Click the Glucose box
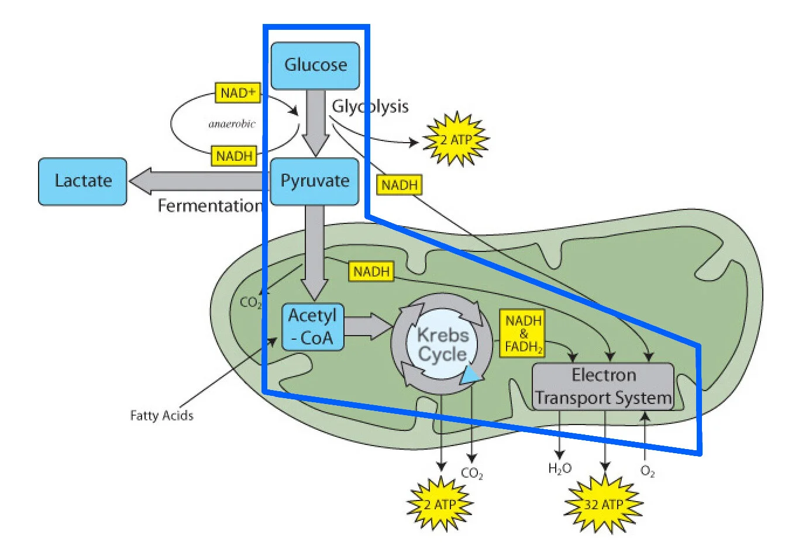point(315,65)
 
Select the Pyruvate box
point(315,181)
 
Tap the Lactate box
point(82,181)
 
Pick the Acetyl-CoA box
point(312,327)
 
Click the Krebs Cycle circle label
point(442,344)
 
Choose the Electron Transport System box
point(603,387)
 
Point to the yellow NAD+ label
point(237,93)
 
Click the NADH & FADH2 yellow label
point(523,334)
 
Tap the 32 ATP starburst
point(603,504)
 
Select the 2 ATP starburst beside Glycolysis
point(456,140)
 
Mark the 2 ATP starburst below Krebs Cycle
point(440,504)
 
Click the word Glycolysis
point(370,106)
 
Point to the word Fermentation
point(209,206)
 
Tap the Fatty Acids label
point(161,415)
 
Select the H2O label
point(559,468)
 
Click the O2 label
point(648,471)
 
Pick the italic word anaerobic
point(232,124)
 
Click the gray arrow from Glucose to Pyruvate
point(316,123)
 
